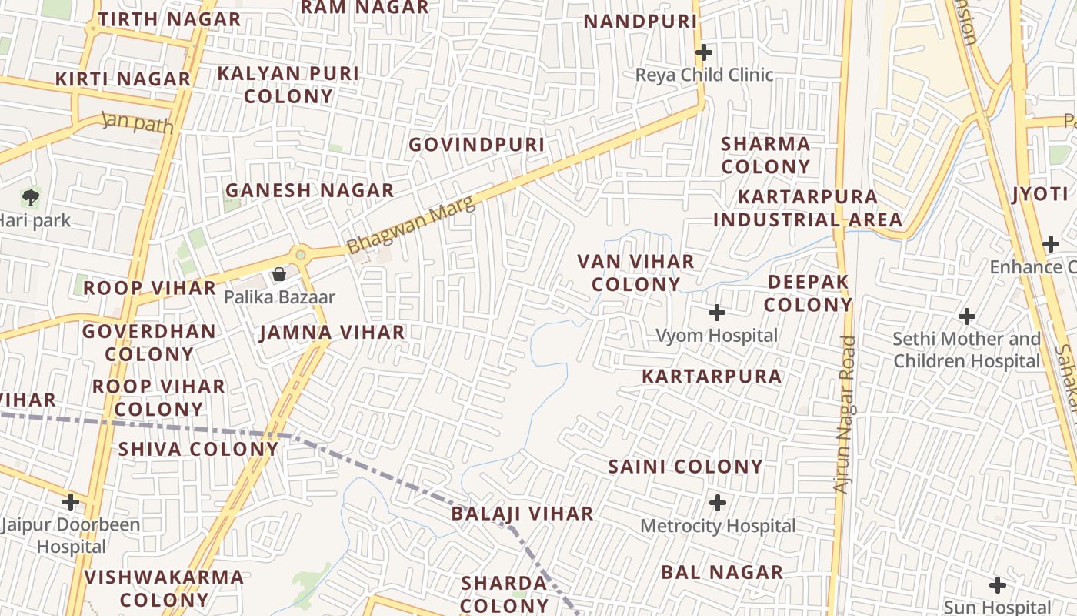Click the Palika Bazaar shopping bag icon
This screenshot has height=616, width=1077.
(279, 274)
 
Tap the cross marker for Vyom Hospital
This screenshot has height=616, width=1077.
(717, 313)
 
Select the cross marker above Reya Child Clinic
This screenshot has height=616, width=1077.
(703, 52)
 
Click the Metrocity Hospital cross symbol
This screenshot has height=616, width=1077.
(718, 503)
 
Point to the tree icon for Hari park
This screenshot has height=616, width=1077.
(30, 197)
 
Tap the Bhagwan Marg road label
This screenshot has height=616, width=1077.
(411, 225)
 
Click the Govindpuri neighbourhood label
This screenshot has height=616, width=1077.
(476, 145)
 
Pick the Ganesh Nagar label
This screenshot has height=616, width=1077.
(309, 190)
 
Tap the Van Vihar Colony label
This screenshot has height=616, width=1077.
(636, 273)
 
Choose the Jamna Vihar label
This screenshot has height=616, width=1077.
(332, 333)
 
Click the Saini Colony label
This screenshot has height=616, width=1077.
(685, 467)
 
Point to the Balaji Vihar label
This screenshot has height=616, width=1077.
(522, 514)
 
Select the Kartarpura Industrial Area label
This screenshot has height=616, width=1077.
(808, 208)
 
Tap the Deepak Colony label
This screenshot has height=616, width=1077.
(808, 293)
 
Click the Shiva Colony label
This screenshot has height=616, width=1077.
(198, 449)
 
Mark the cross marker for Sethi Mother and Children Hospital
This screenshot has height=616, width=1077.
(967, 316)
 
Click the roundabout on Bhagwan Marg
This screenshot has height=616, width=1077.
(301, 254)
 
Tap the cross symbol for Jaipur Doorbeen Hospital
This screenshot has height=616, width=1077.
(71, 502)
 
